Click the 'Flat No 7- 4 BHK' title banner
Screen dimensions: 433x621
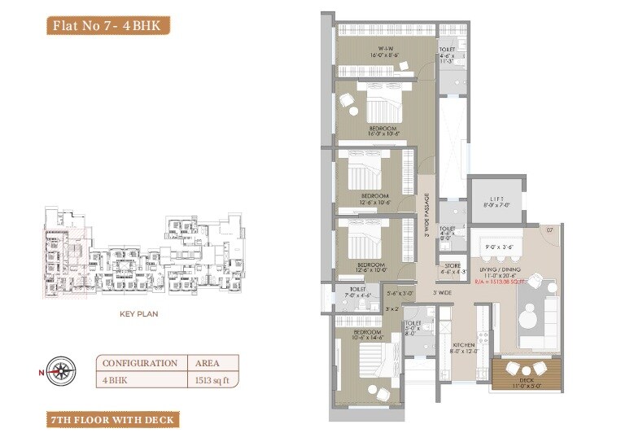tap(107, 24)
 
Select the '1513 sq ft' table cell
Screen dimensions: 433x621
tap(212, 378)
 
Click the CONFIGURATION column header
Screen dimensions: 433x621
tap(141, 363)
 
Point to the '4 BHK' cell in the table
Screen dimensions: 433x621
tap(141, 378)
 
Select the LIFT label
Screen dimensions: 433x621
tap(497, 200)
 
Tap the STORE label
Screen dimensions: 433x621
tap(453, 269)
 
